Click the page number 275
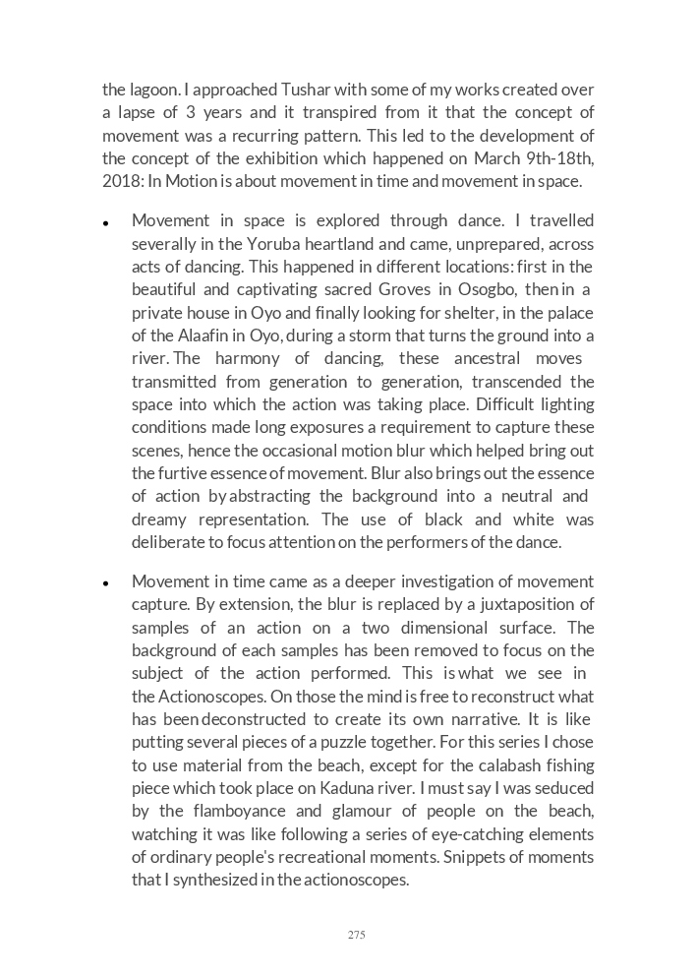pos(356,935)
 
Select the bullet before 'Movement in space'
pos(105,223)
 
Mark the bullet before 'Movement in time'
pos(105,583)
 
